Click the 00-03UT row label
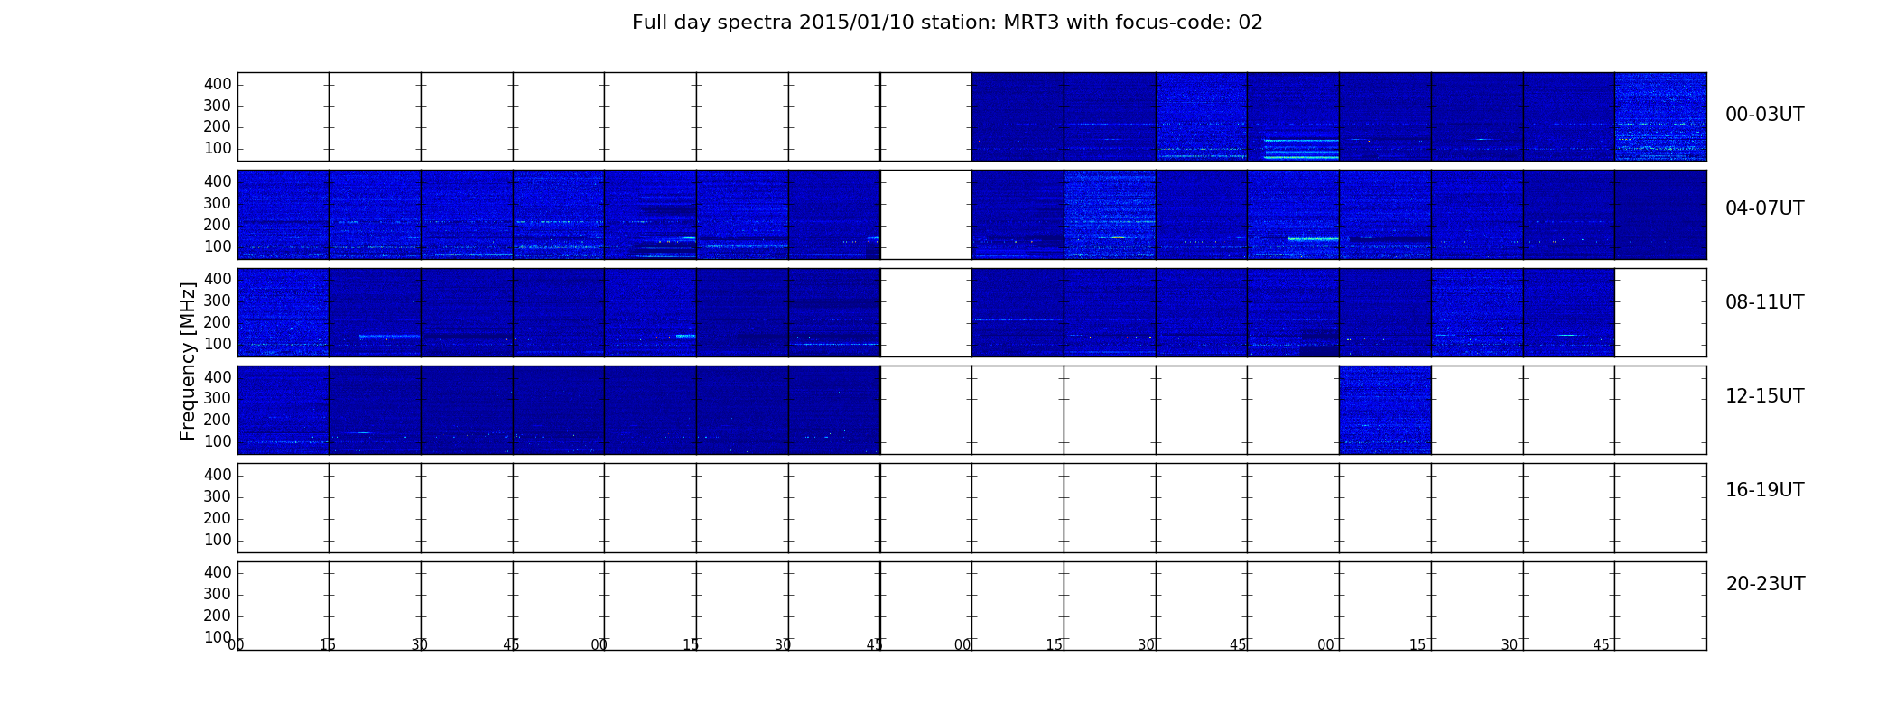pos(1764,115)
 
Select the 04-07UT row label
pos(1764,208)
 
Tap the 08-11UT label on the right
pos(1764,302)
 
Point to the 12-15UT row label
pos(1764,396)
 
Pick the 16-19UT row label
pos(1764,490)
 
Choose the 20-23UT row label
pos(1765,584)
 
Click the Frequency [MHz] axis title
pos(188,361)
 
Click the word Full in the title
pos(648,23)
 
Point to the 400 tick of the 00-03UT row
pos(218,84)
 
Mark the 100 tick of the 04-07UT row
pos(218,246)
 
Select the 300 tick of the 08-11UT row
pos(218,301)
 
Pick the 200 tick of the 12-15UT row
pos(218,420)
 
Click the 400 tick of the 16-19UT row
pos(218,475)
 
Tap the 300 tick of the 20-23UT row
pos(218,594)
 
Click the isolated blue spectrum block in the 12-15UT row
pos(1385,410)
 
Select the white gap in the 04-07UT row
pos(926,215)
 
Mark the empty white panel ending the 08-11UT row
pos(1660,312)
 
